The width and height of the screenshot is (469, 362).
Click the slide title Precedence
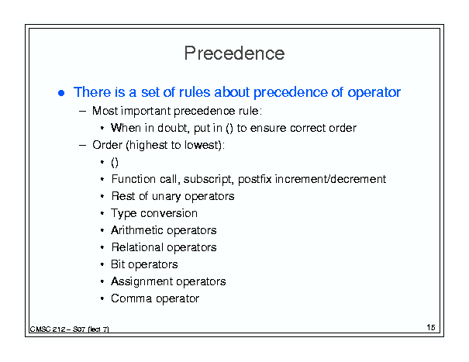pos(234,53)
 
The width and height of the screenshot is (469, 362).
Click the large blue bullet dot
pos(61,93)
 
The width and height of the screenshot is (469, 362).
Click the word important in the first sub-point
pos(147,112)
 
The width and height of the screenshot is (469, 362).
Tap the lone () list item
pos(115,163)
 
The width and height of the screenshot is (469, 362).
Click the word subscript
pos(209,180)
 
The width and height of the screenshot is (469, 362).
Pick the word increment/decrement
pos(330,179)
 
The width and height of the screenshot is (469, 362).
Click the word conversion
pos(169,213)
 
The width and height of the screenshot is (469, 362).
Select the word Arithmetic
pos(136,230)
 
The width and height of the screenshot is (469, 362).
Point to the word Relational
pos(137,247)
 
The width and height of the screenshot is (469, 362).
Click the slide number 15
pos(431,327)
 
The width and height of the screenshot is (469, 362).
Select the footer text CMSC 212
pos(47,329)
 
